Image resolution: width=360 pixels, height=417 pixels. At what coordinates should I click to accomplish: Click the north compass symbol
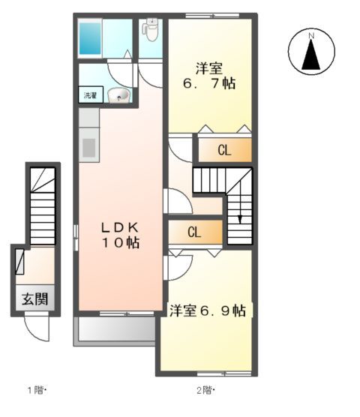click(310, 51)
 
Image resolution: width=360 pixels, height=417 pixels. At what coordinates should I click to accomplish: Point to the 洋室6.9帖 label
click(207, 310)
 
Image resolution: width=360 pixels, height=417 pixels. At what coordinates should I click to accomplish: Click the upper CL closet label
click(223, 150)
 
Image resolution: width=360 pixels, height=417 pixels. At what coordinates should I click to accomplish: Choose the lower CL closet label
click(194, 232)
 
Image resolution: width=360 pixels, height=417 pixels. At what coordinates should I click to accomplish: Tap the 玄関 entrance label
click(34, 298)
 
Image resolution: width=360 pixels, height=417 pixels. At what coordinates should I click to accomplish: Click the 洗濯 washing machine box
click(89, 95)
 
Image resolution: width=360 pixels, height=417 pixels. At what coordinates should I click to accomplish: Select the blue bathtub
click(91, 37)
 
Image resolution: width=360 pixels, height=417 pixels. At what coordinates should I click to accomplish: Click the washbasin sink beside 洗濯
click(118, 95)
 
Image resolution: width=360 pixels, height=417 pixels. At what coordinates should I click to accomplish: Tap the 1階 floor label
click(37, 390)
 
